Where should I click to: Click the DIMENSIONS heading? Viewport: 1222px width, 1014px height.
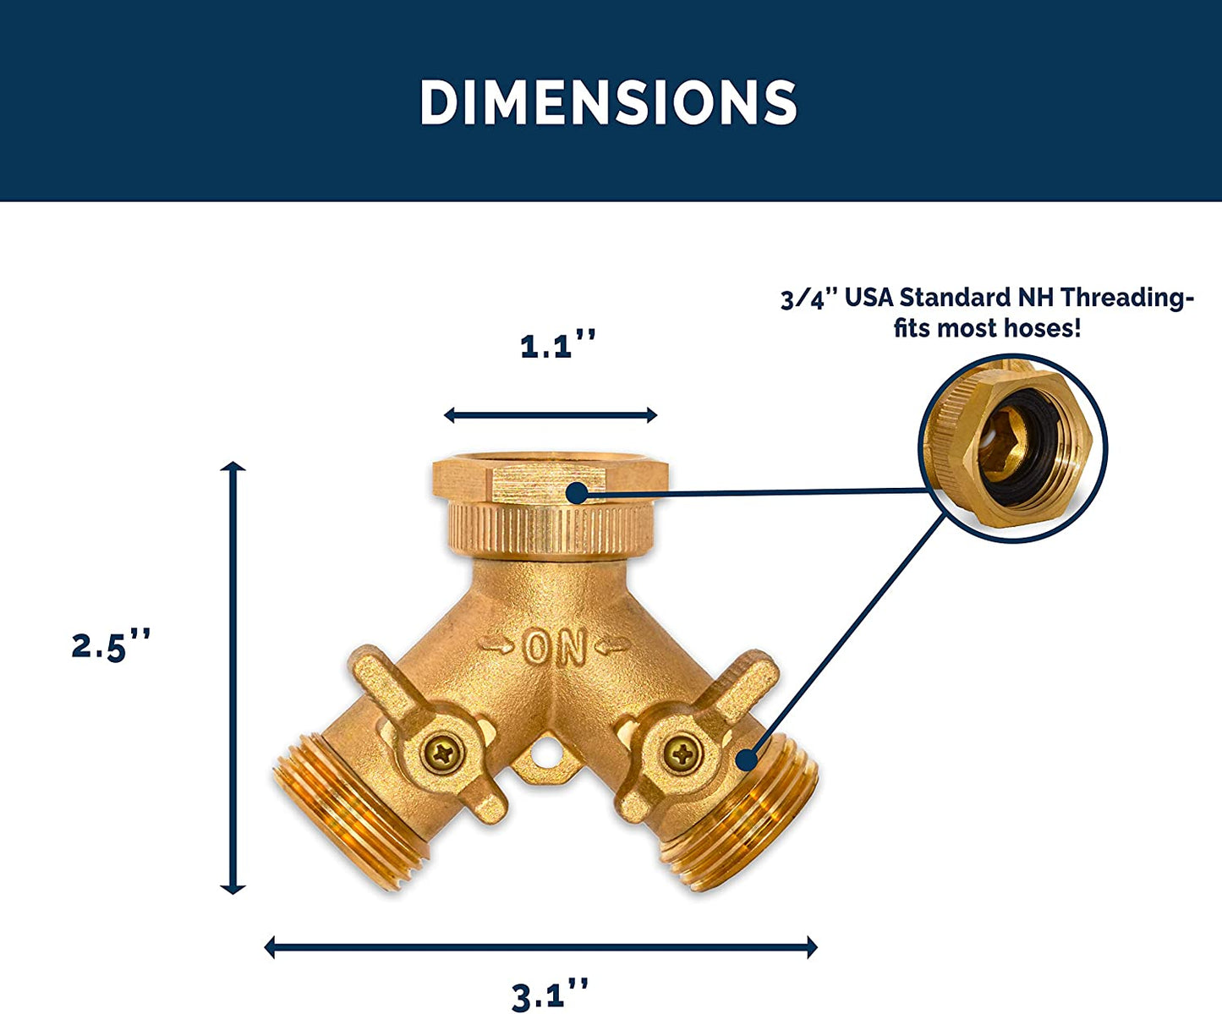(609, 102)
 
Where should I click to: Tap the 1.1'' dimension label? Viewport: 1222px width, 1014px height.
(557, 346)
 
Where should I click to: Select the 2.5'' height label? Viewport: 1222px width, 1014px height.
(111, 646)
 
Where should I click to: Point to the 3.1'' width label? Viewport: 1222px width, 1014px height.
(550, 995)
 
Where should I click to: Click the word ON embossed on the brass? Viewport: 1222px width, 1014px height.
(555, 648)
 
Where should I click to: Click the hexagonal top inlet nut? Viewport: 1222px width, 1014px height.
(550, 480)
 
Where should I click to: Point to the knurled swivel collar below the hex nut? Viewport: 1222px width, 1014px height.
(550, 529)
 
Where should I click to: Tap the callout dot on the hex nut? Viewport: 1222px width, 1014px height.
(577, 492)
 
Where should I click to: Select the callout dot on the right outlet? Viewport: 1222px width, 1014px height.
(746, 759)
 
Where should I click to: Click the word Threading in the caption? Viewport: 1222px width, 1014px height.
(1127, 298)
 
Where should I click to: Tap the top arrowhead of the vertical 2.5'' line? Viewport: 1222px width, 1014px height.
(233, 466)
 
